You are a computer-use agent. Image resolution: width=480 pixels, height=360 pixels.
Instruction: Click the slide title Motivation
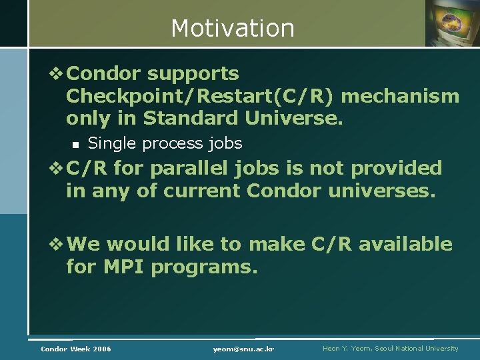tap(232, 28)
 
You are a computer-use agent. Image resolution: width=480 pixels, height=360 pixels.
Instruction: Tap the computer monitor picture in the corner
tap(453, 23)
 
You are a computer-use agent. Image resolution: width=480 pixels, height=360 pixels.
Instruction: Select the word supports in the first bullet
tap(193, 74)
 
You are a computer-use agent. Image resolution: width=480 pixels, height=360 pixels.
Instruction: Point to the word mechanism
tap(400, 96)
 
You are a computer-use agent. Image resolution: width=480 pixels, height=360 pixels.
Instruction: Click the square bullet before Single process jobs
tap(75, 144)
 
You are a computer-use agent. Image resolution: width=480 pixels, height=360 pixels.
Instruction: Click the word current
tap(204, 191)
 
